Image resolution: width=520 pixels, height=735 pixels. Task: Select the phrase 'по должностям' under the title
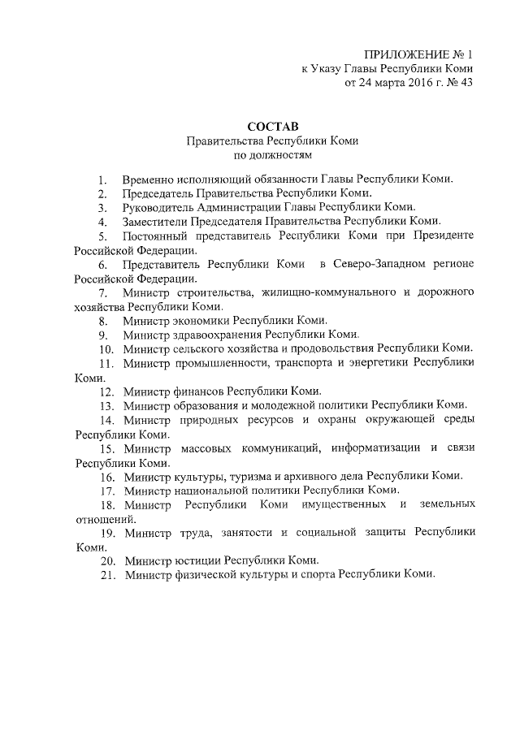click(x=273, y=154)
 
